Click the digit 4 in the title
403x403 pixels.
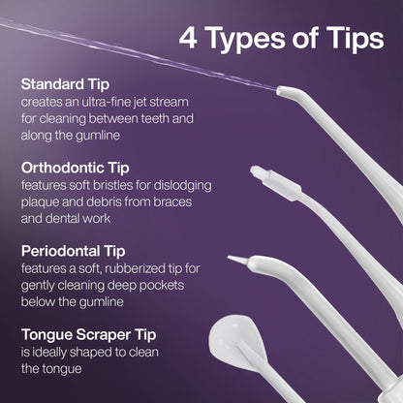pos(188,39)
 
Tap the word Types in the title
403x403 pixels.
pos(245,40)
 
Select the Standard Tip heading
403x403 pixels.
pos(65,84)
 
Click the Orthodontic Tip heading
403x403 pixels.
pos(76,168)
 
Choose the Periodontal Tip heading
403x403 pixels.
pos(74,251)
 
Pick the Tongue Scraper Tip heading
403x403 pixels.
pos(89,334)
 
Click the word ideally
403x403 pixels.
pos(48,352)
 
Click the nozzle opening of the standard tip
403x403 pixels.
pos(279,90)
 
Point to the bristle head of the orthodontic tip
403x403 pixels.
pos(260,173)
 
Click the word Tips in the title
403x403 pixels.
pos(355,40)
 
